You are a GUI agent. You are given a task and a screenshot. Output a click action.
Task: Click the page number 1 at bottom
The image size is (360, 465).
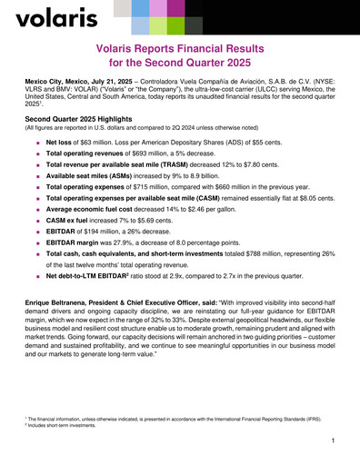tap(334, 440)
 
